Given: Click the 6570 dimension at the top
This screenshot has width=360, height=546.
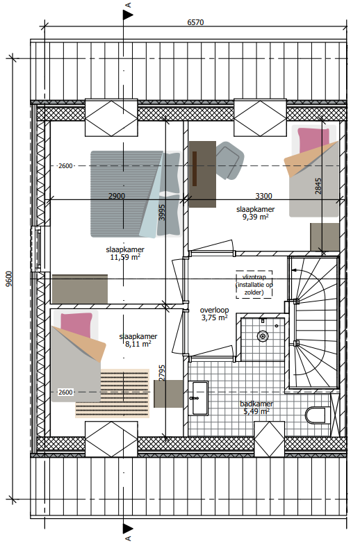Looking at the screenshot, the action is click(x=195, y=22).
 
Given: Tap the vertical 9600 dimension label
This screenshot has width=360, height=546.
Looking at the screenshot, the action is click(x=10, y=279).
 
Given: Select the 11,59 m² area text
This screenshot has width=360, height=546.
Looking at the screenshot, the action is click(x=125, y=257).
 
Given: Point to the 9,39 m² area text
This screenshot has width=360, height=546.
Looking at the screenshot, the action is click(x=256, y=217).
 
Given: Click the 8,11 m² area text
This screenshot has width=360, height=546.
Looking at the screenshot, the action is click(x=138, y=344).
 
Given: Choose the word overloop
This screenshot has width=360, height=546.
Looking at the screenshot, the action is click(x=214, y=310).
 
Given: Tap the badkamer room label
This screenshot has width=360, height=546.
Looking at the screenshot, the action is click(x=256, y=404).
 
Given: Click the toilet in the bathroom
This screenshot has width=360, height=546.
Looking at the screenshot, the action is click(x=318, y=415).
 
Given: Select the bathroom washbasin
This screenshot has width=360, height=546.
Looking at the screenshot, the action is click(x=198, y=398).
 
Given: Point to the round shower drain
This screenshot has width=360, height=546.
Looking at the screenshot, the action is click(x=263, y=336).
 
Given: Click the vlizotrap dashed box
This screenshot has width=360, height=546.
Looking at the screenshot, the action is click(x=254, y=285).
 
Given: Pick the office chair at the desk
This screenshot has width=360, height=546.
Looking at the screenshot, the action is click(x=229, y=161).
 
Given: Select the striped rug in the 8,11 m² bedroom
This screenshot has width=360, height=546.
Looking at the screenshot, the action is click(x=113, y=393).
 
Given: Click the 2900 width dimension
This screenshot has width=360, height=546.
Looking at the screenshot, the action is click(x=116, y=196).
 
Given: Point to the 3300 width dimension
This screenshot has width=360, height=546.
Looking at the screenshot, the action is click(x=263, y=196).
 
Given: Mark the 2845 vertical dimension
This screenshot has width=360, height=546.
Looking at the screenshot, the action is click(x=318, y=186).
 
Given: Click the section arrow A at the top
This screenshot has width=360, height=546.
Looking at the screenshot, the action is click(x=128, y=15).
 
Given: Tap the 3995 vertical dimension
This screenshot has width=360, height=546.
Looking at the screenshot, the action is click(x=162, y=213).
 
